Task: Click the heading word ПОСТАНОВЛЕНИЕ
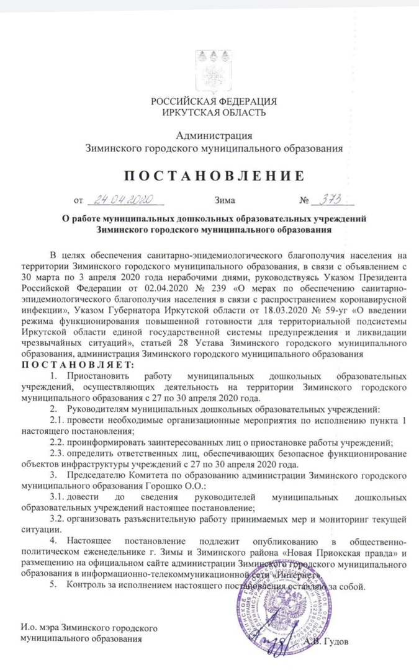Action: tap(209, 176)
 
